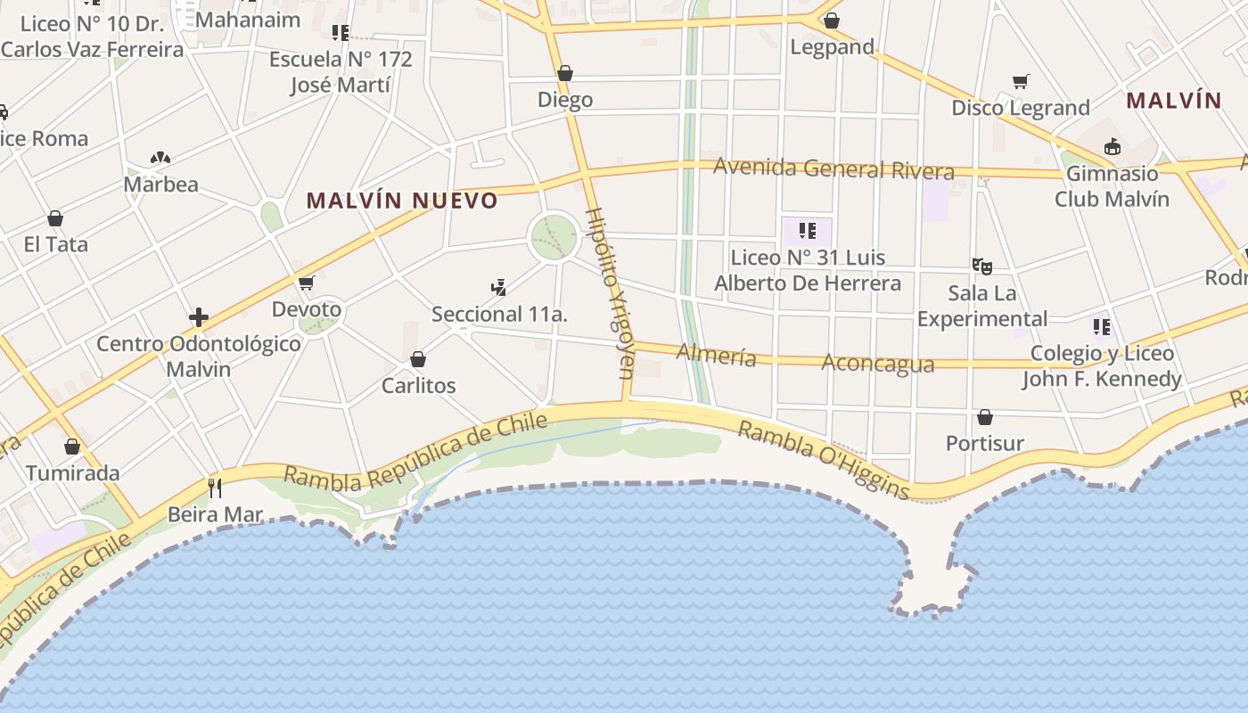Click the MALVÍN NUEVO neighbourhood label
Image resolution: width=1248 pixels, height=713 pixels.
[401, 201]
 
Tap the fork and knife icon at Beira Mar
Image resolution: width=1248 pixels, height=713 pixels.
[214, 488]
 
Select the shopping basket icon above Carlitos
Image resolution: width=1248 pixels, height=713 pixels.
[417, 359]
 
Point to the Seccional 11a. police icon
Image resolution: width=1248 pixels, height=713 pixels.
[499, 287]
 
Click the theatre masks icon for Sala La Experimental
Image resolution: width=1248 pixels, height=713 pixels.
[982, 266]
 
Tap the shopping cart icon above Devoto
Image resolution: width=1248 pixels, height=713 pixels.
[307, 283]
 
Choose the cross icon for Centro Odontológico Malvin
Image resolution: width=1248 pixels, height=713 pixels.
[198, 317]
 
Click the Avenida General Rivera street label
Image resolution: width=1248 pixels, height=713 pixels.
[833, 168]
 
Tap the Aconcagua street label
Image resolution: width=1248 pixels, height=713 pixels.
[877, 364]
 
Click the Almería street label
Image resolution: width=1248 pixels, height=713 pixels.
[716, 355]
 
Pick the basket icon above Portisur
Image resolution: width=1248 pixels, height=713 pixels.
[985, 417]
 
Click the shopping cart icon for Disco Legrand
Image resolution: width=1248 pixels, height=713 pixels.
[1021, 81]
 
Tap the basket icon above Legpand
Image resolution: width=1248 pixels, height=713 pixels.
[832, 20]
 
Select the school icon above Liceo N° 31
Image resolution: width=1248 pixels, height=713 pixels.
[807, 231]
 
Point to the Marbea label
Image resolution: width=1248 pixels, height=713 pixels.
[160, 184]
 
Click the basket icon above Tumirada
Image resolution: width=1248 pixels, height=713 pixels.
[72, 447]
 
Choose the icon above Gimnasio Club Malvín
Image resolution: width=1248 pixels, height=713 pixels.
[1112, 146]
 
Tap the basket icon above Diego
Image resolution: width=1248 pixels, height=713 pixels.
[564, 73]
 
